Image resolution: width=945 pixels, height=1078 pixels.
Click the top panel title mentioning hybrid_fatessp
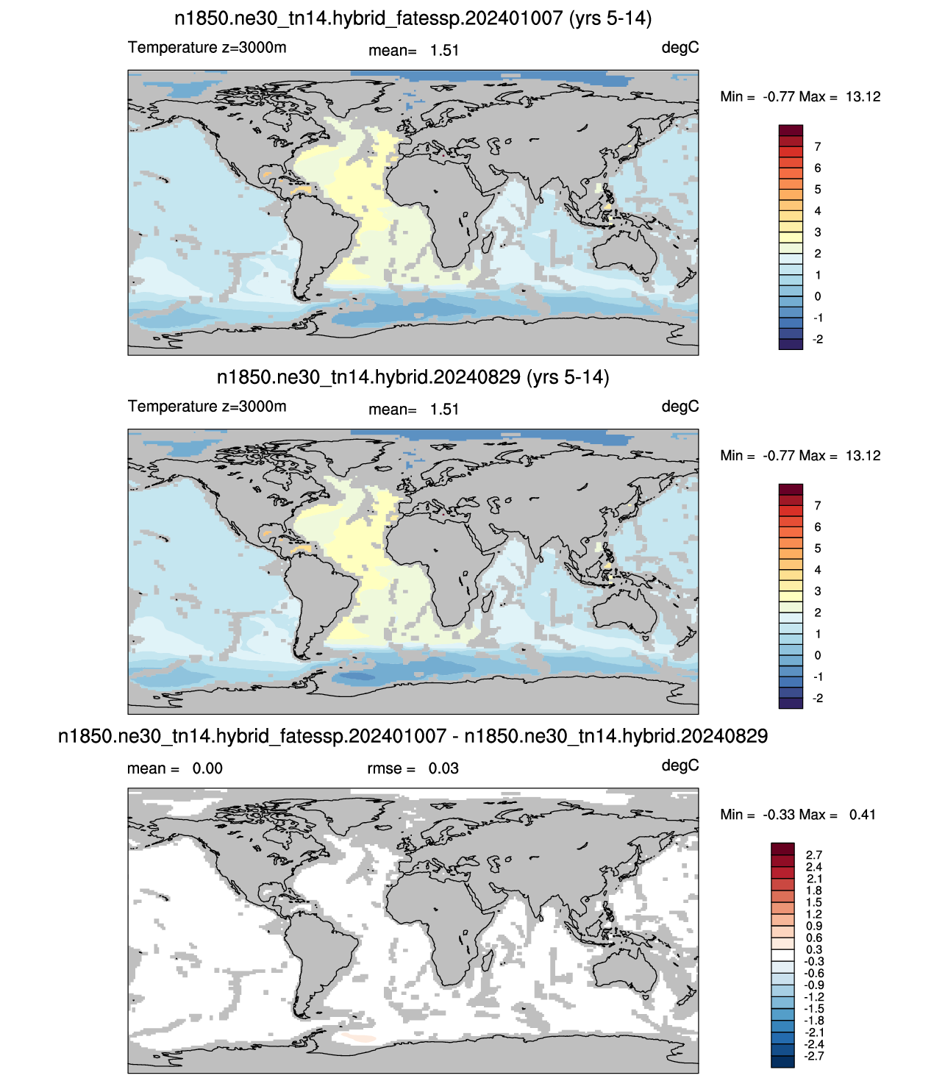click(413, 18)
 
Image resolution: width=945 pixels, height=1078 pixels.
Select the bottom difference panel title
click(413, 736)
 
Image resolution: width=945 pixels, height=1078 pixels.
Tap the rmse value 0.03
click(443, 768)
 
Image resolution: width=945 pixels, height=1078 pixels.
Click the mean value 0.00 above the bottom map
click(207, 768)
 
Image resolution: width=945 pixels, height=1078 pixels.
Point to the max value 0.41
click(862, 815)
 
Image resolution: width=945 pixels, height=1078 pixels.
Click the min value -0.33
click(779, 815)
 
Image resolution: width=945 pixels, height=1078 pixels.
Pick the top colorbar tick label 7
click(818, 146)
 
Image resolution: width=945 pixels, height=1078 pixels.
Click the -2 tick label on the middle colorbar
click(819, 698)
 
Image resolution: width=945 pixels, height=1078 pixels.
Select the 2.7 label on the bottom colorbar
click(814, 855)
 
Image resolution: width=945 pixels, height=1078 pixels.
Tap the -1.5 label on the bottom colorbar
click(813, 1008)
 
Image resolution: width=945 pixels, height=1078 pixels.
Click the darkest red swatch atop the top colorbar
click(791, 130)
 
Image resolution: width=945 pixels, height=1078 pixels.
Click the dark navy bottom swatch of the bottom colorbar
click(782, 1061)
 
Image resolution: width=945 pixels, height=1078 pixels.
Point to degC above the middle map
click(680, 407)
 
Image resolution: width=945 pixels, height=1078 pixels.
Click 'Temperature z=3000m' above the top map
click(207, 47)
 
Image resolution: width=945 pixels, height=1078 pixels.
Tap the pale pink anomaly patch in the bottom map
click(359, 1037)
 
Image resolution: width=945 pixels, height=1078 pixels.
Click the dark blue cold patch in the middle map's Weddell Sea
click(357, 676)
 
